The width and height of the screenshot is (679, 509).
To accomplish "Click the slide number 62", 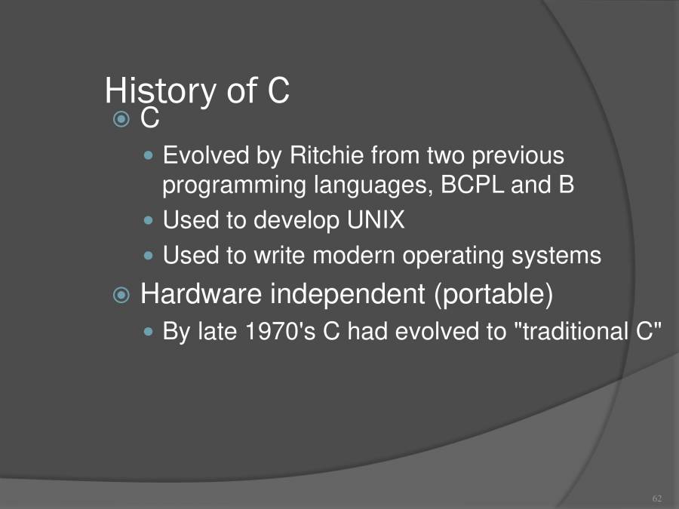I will [656, 498].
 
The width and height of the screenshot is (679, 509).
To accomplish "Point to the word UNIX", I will [376, 220].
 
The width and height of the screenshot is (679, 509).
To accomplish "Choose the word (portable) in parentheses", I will [493, 294].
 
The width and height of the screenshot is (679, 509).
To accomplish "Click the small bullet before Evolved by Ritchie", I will [149, 156].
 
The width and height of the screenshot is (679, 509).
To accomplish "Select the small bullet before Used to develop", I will [149, 220].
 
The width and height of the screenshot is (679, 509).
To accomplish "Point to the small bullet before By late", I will [149, 332].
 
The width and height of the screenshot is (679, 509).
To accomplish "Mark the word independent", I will [348, 294].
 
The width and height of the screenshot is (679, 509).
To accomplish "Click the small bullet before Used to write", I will [149, 256].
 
